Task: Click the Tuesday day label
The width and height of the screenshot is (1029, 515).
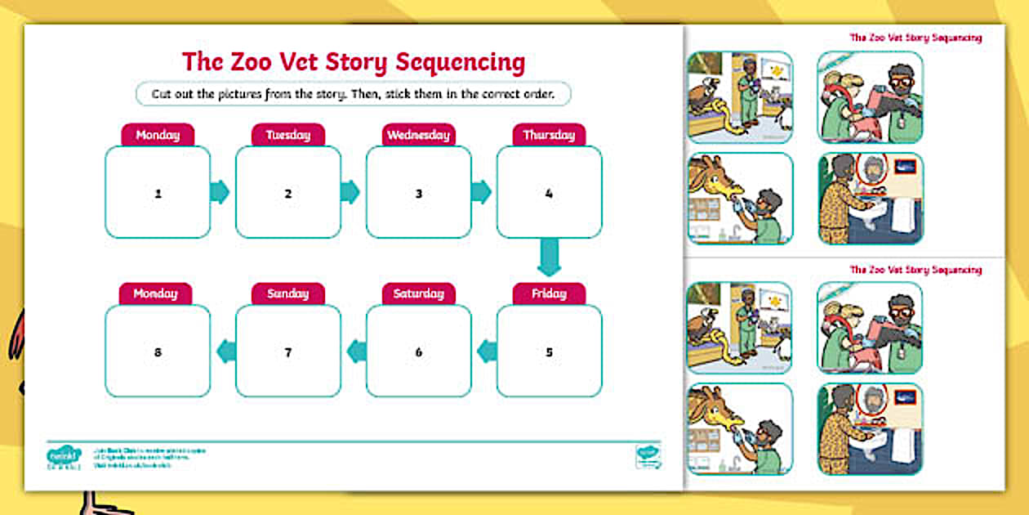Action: coord(287,135)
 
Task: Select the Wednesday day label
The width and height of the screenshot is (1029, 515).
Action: coord(418,135)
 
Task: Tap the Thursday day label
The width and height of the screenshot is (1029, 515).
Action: coord(549,135)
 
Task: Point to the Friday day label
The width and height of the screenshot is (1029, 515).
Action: coord(549,293)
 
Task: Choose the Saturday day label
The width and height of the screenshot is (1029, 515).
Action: coord(418,293)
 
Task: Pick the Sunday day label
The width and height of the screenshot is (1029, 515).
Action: coord(287,293)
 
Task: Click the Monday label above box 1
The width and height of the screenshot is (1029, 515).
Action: coord(158,135)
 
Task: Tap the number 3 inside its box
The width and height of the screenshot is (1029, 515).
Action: coord(418,194)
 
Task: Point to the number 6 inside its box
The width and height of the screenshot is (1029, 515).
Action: coord(418,352)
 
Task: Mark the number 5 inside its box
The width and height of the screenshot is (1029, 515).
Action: coord(549,352)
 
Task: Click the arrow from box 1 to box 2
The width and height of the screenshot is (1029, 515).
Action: coord(220,192)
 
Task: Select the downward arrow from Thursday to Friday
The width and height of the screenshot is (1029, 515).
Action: coord(549,257)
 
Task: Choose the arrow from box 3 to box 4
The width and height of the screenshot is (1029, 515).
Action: coord(481,192)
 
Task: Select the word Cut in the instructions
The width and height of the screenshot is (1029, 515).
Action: coord(162,94)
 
